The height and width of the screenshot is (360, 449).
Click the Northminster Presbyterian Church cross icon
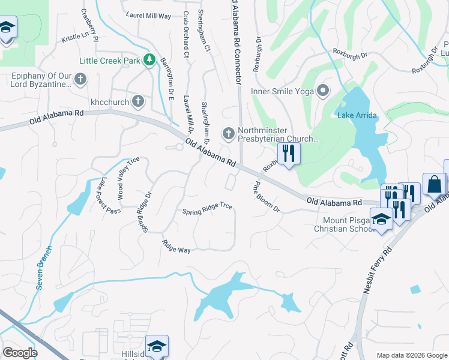(x=228, y=133)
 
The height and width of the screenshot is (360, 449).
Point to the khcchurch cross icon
(x=138, y=101)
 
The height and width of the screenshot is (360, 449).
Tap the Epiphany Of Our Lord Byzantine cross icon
(x=80, y=79)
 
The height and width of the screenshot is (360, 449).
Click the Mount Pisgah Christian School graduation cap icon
(x=381, y=218)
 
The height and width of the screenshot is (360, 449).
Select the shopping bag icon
(x=434, y=184)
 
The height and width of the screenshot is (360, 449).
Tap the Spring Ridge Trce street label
(x=207, y=208)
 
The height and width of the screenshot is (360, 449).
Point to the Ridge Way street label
(x=176, y=246)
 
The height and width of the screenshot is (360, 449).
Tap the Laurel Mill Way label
(x=149, y=15)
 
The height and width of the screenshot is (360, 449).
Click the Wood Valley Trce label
(x=128, y=178)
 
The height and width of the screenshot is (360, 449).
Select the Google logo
(x=20, y=353)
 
